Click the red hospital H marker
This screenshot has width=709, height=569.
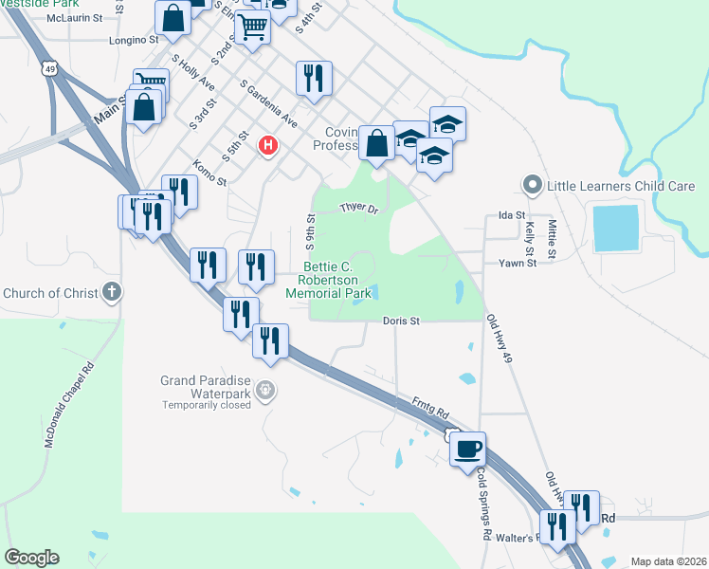pos(268,144)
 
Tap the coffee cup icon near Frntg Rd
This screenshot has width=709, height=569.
pos(469,448)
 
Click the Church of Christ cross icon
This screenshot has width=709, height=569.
pos(112,292)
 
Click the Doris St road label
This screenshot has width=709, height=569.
pos(401,321)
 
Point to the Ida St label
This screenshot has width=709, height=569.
pos(511,216)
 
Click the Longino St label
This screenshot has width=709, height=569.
pos(134,40)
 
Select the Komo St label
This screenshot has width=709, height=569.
pos(209,173)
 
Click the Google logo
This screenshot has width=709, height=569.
pos(31,558)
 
